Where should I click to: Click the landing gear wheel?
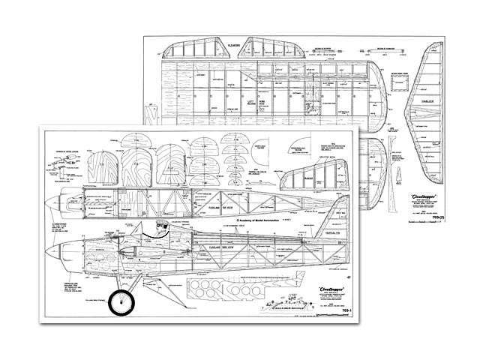(120, 302)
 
